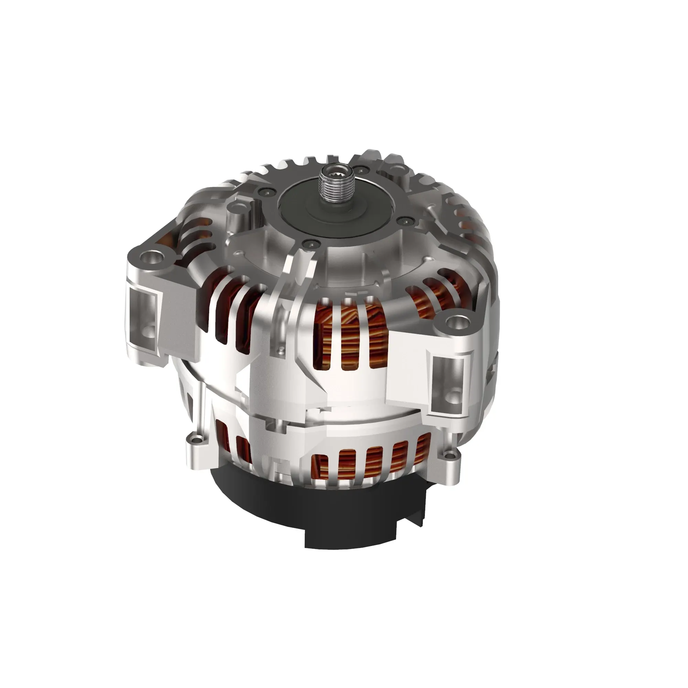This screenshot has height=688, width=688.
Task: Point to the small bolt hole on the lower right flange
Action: [451, 454]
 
